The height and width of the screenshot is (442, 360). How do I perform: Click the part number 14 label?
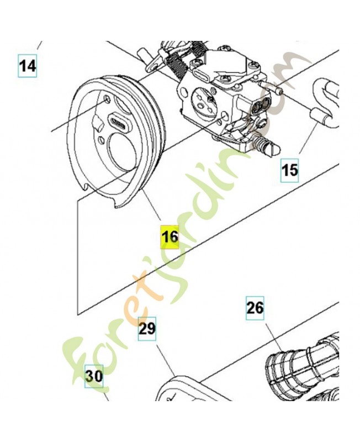[27, 66]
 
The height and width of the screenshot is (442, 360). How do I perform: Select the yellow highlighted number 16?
[170, 237]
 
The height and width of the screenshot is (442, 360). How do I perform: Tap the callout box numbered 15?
[289, 170]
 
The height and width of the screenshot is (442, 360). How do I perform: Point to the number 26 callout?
[255, 308]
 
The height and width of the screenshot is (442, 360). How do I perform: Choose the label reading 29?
[147, 329]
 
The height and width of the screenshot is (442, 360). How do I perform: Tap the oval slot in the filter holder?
[118, 122]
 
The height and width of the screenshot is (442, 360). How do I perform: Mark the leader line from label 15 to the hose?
[309, 138]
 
